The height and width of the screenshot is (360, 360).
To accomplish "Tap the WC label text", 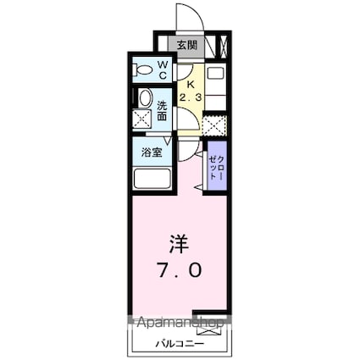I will tap(163, 69).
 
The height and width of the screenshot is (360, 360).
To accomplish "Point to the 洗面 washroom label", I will tap(163, 111).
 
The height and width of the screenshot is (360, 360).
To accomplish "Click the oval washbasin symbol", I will tap(144, 98).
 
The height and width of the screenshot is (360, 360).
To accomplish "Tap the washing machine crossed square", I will tap(143, 119).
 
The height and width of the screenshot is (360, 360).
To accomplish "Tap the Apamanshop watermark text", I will tap(176, 323).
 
